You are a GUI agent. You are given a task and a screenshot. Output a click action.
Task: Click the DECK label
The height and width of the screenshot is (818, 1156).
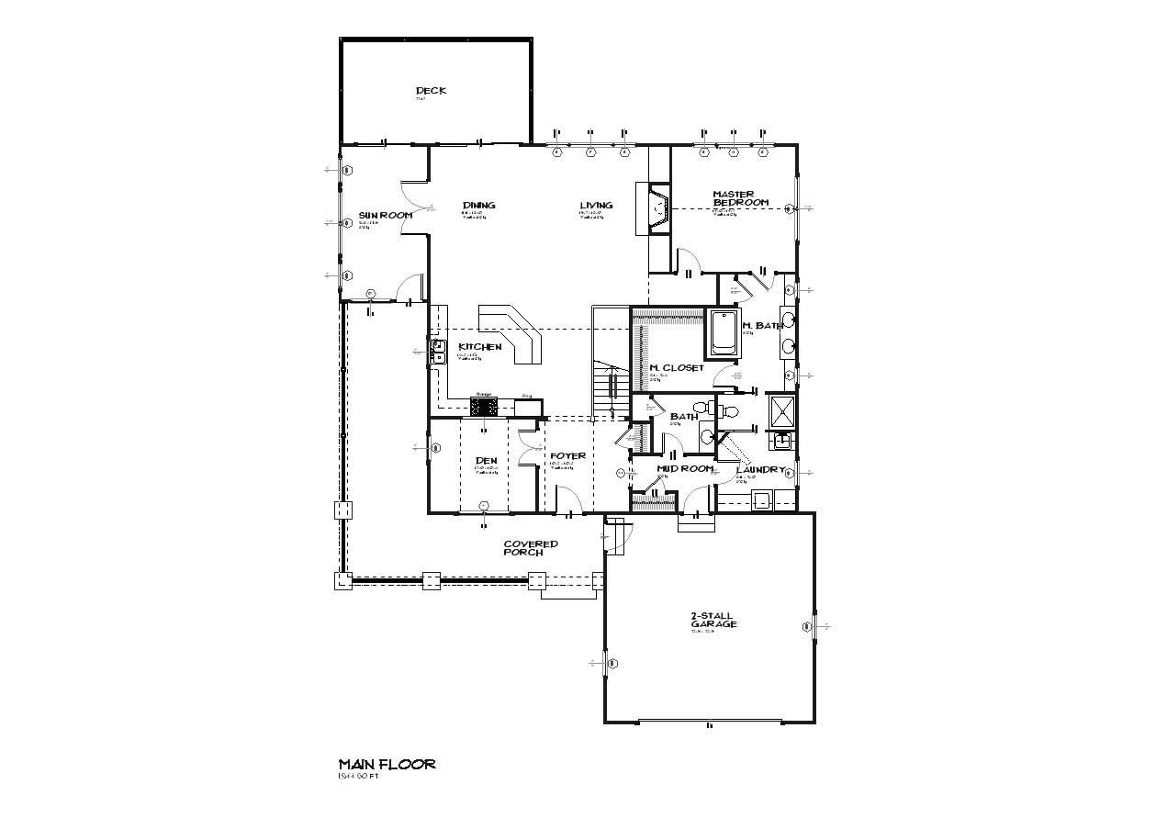tap(431, 90)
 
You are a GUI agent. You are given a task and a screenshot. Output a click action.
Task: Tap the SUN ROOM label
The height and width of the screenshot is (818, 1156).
tap(385, 215)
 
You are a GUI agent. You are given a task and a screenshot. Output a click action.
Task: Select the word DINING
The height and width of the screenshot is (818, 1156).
tap(479, 206)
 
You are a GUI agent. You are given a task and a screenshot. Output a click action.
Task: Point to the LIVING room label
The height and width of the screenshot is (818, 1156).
tap(596, 206)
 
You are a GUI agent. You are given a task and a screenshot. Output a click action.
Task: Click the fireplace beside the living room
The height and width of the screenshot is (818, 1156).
tap(659, 210)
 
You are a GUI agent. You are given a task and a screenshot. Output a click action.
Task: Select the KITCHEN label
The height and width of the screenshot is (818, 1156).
tap(479, 347)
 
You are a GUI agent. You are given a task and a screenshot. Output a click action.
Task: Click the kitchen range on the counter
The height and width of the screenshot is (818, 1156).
tap(484, 405)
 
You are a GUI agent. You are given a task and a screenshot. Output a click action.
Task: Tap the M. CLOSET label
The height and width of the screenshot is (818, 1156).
tap(677, 368)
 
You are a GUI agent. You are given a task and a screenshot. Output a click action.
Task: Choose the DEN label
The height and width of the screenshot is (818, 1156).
tap(486, 461)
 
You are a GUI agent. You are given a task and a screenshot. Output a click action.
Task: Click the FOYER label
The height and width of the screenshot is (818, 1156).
tap(567, 456)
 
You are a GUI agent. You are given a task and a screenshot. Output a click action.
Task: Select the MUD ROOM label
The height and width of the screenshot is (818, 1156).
tap(685, 469)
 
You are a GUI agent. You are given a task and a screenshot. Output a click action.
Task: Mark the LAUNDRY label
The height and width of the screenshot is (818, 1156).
tap(761, 470)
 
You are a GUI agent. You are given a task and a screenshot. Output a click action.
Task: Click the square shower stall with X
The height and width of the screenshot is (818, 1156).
tap(780, 412)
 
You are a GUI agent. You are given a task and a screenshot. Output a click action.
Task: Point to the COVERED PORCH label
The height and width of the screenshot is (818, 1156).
tap(530, 548)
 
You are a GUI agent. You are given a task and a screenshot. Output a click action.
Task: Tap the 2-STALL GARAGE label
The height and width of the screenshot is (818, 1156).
tap(713, 620)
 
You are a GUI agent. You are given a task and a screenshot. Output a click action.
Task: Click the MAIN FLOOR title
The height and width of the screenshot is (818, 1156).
tap(387, 764)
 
